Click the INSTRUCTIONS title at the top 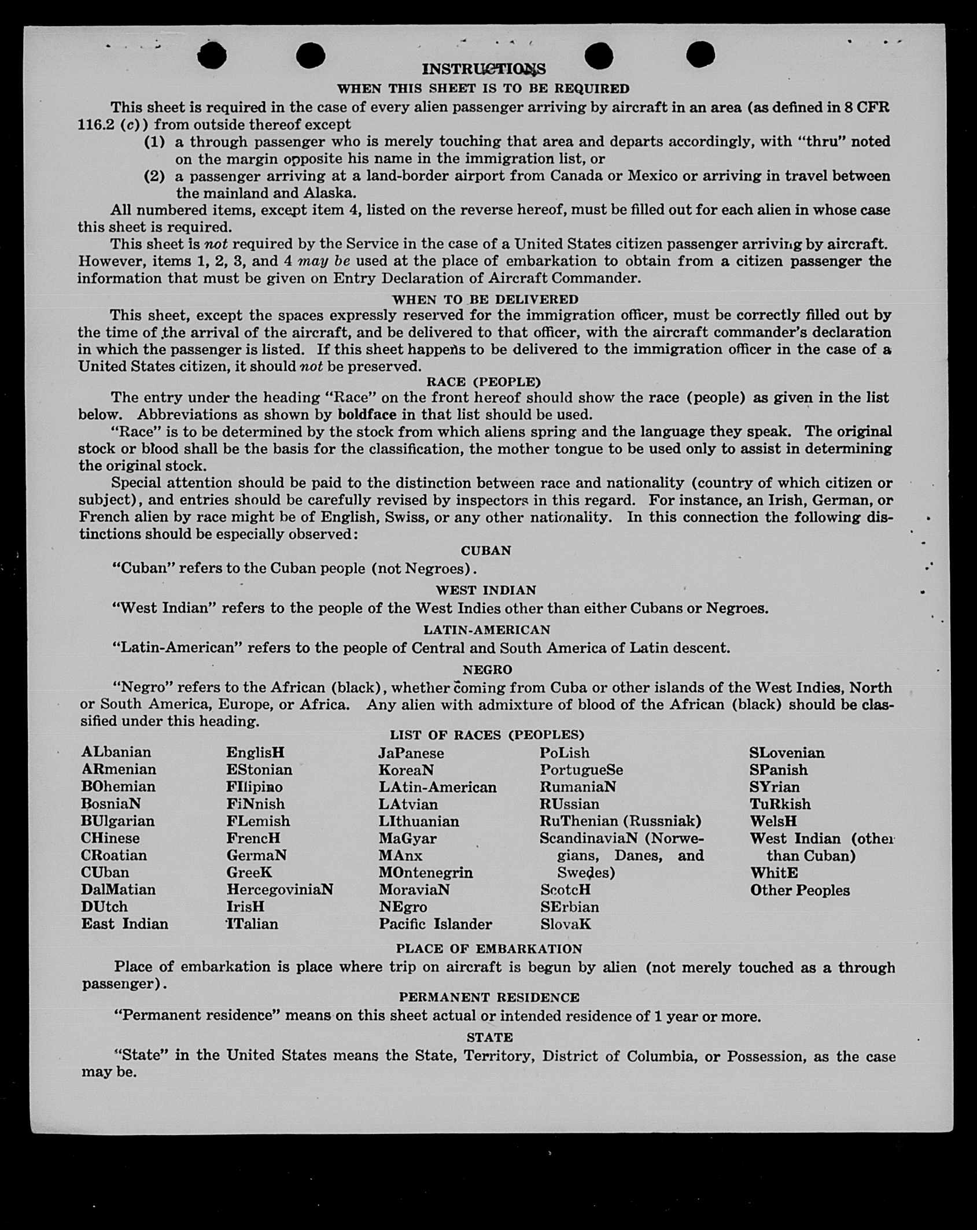[x=484, y=69]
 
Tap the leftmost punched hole [x=212, y=56]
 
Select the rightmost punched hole [x=701, y=55]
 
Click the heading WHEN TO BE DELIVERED [x=485, y=299]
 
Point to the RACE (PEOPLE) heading [x=483, y=382]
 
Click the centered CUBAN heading [x=486, y=551]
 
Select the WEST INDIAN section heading [x=486, y=590]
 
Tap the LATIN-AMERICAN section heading [x=486, y=630]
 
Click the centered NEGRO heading [x=487, y=670]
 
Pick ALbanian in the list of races [x=116, y=752]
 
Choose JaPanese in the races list [x=411, y=753]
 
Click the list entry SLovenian [x=787, y=753]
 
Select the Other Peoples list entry [x=800, y=891]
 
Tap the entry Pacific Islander [x=435, y=924]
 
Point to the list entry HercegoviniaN [x=279, y=889]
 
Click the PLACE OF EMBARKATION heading [x=489, y=949]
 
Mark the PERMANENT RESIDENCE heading [x=489, y=998]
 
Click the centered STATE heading [x=489, y=1037]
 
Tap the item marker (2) [x=154, y=176]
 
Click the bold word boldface [x=367, y=415]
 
